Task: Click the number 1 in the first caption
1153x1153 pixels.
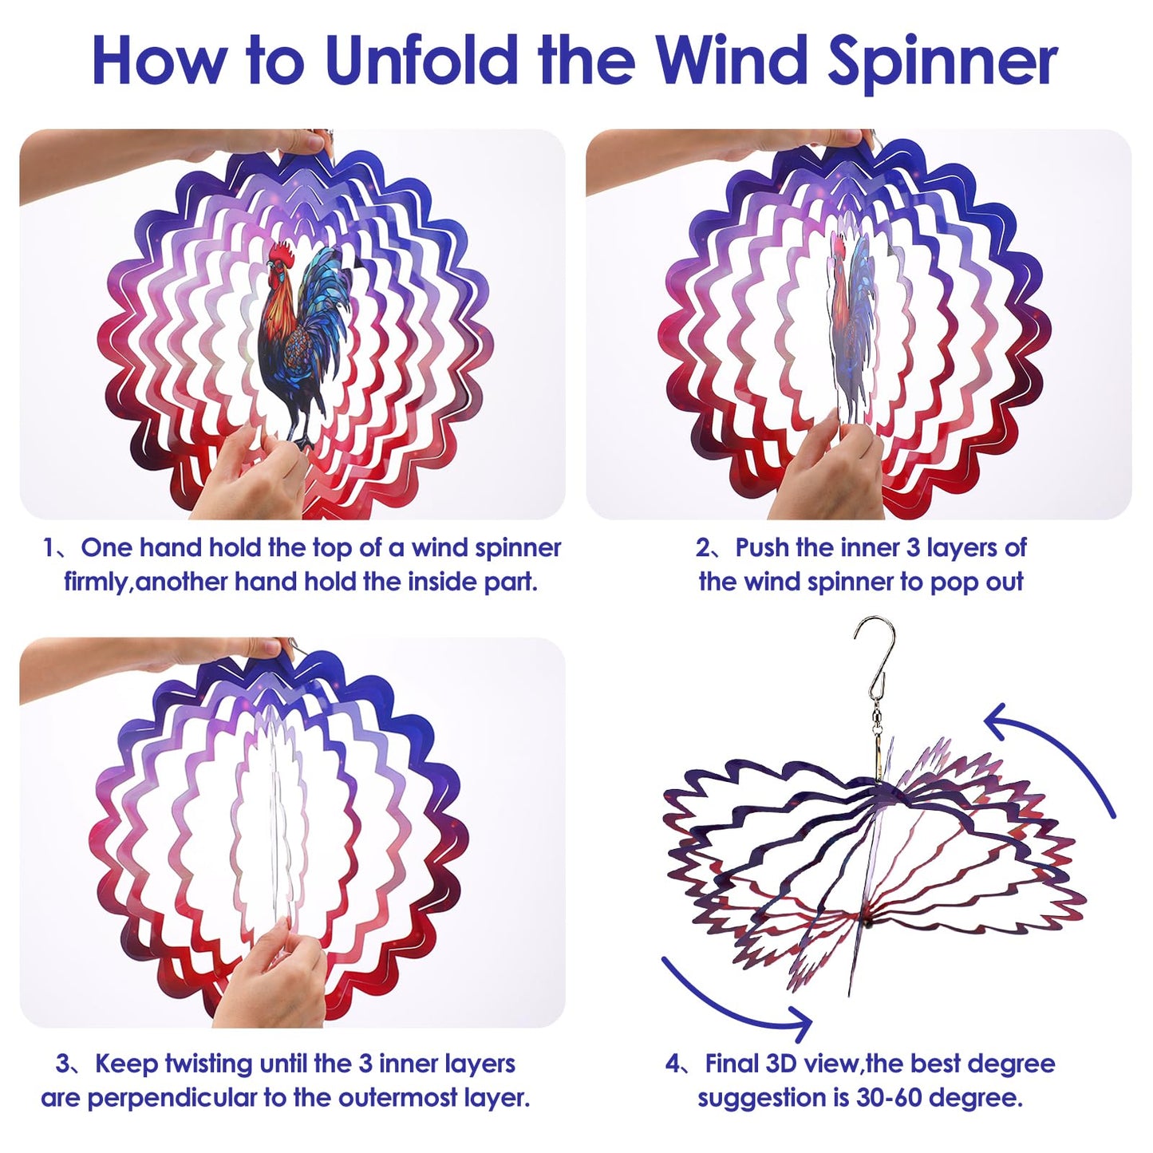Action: click(49, 548)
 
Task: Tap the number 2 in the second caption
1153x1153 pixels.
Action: click(702, 548)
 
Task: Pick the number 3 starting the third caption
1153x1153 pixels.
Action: click(63, 1064)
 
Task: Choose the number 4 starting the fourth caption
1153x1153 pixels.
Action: click(673, 1064)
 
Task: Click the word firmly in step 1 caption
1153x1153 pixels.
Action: click(95, 582)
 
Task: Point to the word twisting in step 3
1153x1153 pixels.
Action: click(210, 1064)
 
